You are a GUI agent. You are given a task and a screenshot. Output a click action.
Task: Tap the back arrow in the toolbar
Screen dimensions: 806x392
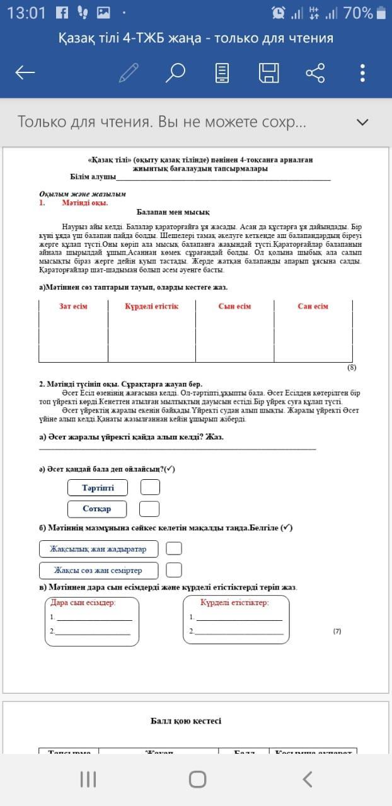coord(25,73)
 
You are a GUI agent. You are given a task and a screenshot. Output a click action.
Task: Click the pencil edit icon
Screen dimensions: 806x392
coord(129,73)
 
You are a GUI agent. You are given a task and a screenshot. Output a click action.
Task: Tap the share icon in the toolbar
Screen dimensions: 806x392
coord(315,73)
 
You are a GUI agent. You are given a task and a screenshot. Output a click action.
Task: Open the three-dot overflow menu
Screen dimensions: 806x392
coord(362,73)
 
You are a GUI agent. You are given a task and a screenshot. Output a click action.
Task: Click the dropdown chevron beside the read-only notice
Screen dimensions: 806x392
coord(362,122)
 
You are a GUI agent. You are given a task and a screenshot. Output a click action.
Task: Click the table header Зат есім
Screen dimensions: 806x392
coord(73,307)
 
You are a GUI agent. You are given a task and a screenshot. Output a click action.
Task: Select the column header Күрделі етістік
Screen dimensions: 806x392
coord(151,307)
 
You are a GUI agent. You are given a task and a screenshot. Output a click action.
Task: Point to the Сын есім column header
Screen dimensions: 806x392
coord(234,307)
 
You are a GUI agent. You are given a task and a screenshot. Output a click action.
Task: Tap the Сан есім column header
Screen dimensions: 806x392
coord(313,307)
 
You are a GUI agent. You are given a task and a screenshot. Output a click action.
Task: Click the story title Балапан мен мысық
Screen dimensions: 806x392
coord(173,212)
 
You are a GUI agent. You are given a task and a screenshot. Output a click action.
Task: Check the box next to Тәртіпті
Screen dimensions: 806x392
coord(150,487)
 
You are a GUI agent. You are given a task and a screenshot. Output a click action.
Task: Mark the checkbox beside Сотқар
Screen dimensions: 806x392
coord(149,508)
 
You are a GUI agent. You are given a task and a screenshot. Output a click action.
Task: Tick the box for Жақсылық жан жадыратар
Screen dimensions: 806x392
coord(174,548)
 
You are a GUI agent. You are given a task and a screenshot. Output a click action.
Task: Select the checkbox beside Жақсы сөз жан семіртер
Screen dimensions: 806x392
coord(174,570)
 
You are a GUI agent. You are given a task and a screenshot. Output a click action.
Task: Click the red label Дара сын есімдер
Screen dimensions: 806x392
coord(83,603)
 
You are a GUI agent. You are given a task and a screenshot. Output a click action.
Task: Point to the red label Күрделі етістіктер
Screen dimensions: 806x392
coord(234,603)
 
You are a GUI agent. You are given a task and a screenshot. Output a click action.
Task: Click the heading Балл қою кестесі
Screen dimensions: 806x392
coord(186,721)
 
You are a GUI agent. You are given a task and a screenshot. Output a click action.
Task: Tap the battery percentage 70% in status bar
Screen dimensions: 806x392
coord(358,13)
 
